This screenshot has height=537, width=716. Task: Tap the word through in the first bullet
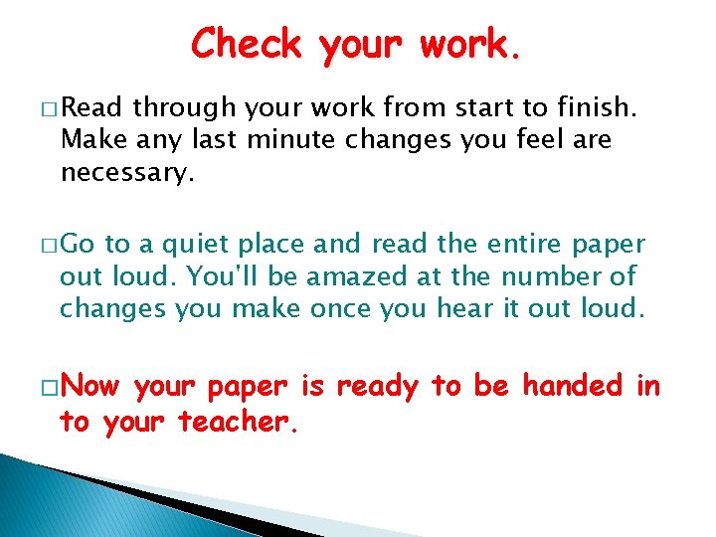[182, 107]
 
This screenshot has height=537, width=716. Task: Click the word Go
[82, 244]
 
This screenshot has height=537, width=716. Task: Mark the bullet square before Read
[50, 108]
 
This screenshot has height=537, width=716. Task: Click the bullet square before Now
[50, 387]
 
